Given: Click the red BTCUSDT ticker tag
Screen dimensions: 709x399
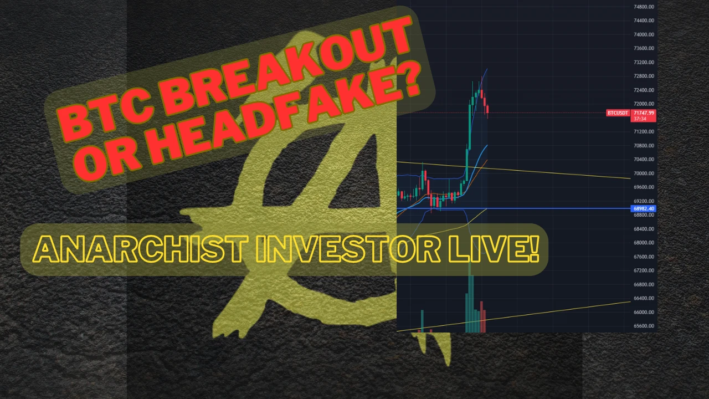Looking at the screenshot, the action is pos(618,113).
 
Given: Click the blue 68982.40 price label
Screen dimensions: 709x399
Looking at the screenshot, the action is pos(644,208).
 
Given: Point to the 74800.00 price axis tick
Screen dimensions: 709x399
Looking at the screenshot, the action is pos(644,7).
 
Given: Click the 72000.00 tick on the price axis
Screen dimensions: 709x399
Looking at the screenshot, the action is pos(644,104).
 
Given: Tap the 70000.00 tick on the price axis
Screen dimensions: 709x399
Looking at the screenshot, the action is pos(644,173).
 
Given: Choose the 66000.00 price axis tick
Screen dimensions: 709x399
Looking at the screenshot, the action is pos(644,312).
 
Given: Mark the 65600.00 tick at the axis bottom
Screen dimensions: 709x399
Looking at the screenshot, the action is pos(644,326).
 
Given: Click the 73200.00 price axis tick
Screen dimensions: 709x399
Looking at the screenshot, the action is pos(644,63).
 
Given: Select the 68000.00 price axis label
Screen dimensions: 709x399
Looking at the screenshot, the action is pos(644,243).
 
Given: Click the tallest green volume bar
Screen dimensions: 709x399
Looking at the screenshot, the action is pos(470,298).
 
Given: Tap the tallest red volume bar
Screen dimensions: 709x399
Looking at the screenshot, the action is pos(481,316).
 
